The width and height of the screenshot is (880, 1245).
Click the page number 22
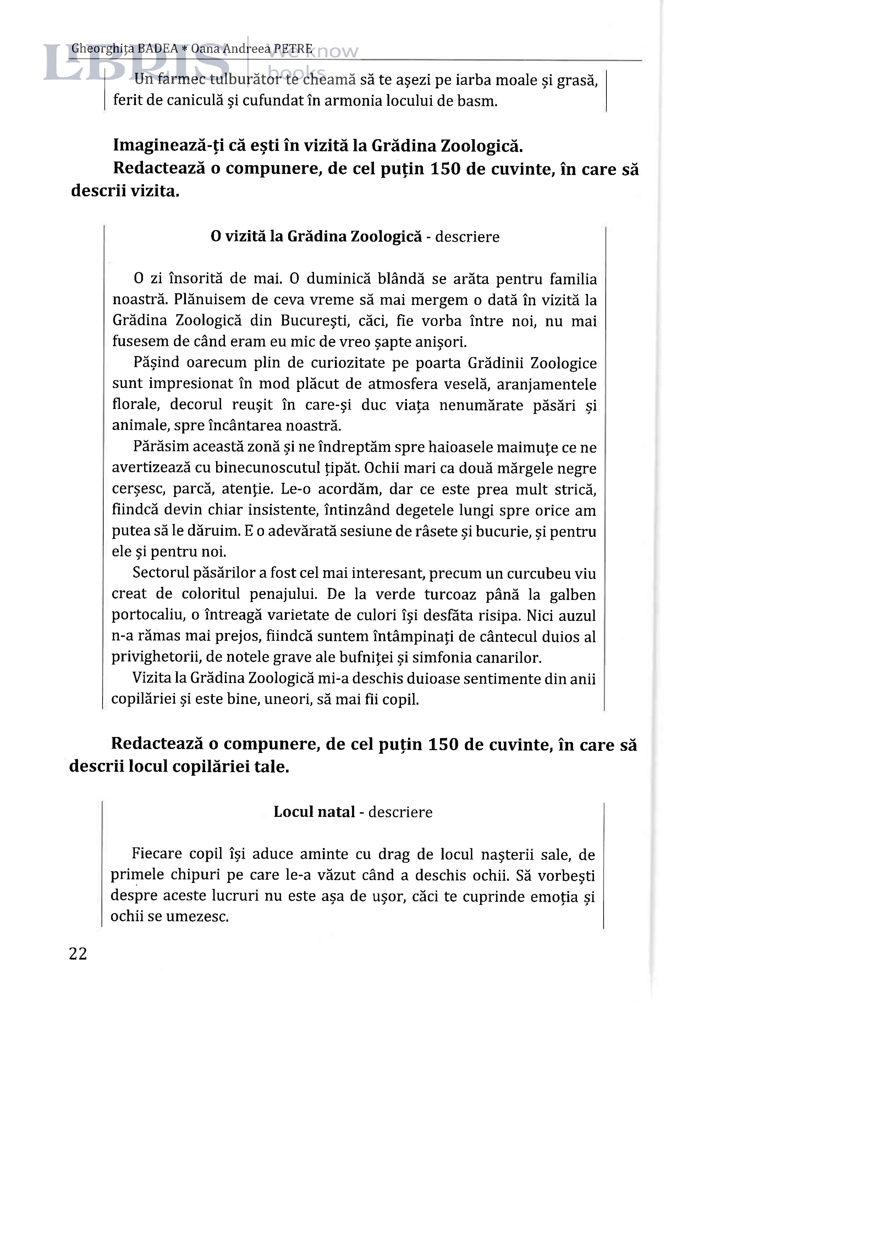[x=78, y=954]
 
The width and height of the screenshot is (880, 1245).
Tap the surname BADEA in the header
[x=158, y=49]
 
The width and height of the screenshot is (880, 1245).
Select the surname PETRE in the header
[x=293, y=49]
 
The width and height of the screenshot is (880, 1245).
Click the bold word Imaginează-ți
[x=158, y=146]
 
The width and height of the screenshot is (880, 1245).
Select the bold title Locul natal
[x=314, y=812]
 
